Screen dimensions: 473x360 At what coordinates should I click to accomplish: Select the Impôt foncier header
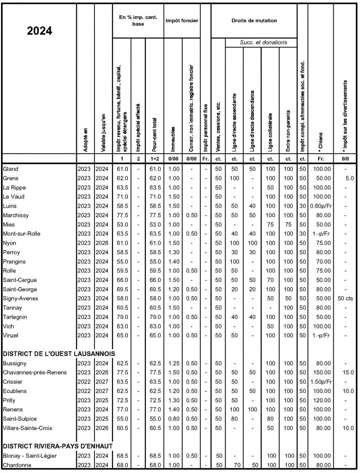tap(182, 20)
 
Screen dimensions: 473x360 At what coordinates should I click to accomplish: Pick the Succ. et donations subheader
tap(263, 43)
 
